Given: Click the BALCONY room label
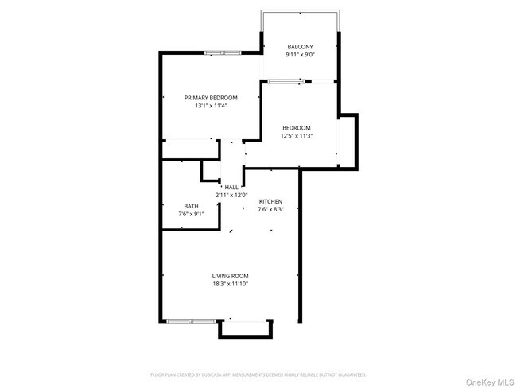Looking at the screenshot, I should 300,47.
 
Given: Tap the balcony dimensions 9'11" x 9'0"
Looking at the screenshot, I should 300,55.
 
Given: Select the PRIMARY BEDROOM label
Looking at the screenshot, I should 211,97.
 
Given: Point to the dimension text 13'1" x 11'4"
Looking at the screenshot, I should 211,105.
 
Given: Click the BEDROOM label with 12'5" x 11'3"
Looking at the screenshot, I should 296,127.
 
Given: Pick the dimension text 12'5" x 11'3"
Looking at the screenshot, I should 296,135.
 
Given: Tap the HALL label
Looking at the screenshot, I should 231,187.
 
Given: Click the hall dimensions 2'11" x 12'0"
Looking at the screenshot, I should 231,195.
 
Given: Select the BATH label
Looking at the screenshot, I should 192,206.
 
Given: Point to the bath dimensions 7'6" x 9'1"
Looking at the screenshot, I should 192,214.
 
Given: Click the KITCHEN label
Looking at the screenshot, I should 270,201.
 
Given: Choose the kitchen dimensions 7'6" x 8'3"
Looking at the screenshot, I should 270,209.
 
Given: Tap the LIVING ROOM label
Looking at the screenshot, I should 231,275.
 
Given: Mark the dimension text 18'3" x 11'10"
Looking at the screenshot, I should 231,283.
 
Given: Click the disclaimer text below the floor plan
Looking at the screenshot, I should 258,374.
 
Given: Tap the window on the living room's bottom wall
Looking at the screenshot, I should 190,321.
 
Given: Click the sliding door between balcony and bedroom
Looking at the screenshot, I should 286,81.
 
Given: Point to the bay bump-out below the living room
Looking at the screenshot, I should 247,329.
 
